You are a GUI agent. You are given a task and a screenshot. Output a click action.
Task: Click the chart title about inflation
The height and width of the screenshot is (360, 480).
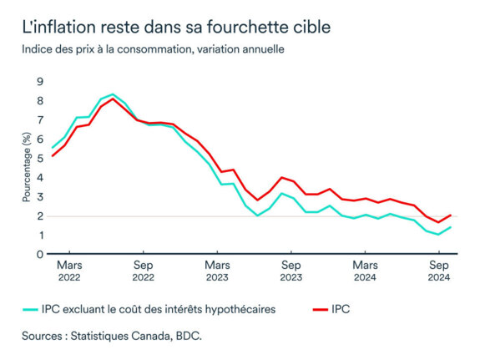click(x=176, y=27)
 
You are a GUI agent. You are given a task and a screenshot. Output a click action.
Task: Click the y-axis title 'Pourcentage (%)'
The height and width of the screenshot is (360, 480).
click(x=26, y=168)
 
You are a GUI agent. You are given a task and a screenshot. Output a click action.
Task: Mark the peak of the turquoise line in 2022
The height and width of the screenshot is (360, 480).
click(x=113, y=94)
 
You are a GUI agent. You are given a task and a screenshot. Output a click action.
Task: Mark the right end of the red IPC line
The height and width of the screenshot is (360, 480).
click(x=451, y=215)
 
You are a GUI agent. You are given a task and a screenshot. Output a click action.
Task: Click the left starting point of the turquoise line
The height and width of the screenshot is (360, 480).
click(x=52, y=148)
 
